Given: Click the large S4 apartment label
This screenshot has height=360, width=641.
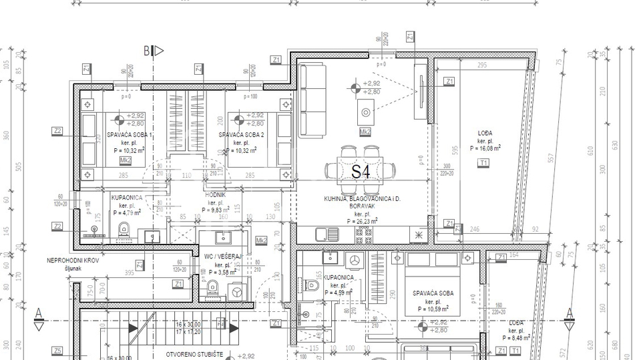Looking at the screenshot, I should tap(361, 172).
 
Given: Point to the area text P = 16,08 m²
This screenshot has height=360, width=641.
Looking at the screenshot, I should tap(485, 149).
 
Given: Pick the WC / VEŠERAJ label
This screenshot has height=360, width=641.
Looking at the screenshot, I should tap(222, 256).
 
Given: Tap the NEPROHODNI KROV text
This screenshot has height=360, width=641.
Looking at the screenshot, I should tap(73, 260).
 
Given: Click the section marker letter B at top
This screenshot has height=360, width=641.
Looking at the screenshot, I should tap(147, 50).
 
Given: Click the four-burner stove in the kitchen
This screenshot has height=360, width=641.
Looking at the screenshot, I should tap(364, 234).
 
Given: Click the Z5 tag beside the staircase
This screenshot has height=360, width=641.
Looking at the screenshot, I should tap(57, 351).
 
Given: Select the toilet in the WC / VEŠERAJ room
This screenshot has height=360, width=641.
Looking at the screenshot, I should tap(213, 288).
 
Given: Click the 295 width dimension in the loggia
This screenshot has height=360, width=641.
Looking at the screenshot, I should tap(481, 65).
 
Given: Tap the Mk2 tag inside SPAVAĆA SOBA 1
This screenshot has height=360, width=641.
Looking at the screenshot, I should tap(125, 161).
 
